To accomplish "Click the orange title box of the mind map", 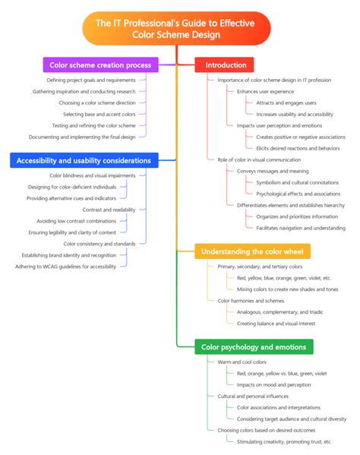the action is point(176,28).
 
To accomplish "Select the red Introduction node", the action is point(224,65).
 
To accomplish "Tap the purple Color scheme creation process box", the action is point(101,65).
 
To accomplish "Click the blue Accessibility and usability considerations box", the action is point(84,160).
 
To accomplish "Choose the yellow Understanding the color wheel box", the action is point(252,251).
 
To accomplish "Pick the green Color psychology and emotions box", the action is point(254,347).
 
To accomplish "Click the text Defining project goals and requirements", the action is point(91,80).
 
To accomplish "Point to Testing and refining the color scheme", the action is point(93,125).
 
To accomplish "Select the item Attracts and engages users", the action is point(286,103).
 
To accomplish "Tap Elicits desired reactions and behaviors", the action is point(298,148).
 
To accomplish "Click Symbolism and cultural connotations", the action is point(297,182).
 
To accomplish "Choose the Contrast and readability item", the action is point(109,210).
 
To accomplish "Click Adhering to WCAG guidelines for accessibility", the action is point(65,267).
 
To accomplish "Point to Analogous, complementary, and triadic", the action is point(280,312).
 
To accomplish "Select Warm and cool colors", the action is point(242,362).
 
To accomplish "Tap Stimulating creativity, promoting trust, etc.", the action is point(284,442).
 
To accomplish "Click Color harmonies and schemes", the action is point(251,301).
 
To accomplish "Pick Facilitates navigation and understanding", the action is point(301,228).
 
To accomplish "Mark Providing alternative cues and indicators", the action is point(71,198).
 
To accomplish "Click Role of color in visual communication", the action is point(259,160).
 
